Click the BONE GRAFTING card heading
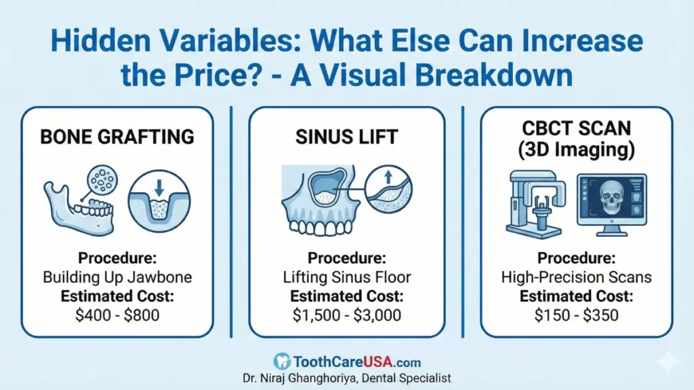[117, 137]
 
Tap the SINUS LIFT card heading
[346, 137]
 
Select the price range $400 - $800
[117, 314]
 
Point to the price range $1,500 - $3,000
[346, 314]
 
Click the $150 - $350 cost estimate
[576, 314]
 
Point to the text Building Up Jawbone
[117, 277]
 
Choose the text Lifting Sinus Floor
[346, 277]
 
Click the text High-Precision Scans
[576, 277]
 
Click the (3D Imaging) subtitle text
[576, 150]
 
